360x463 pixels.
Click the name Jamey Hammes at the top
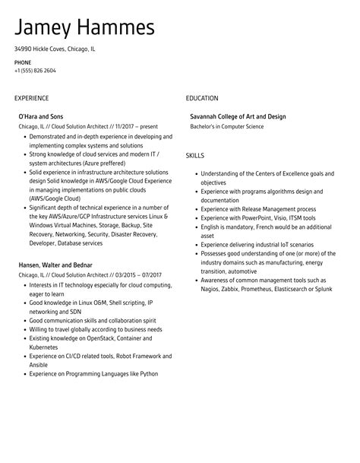tap(84, 28)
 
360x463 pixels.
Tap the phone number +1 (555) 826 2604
tap(34, 71)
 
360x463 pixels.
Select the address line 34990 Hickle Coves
tap(55, 49)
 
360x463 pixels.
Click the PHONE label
tap(23, 62)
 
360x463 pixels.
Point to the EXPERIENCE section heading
tap(32, 98)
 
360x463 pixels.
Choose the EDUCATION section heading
tap(202, 98)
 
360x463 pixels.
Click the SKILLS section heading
tap(195, 155)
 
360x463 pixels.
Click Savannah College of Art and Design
tap(238, 117)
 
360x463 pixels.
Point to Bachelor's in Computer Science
tap(226, 126)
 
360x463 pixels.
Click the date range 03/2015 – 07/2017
tap(136, 274)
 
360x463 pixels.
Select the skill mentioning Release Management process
tap(258, 208)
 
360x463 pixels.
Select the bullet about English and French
tap(265, 227)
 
